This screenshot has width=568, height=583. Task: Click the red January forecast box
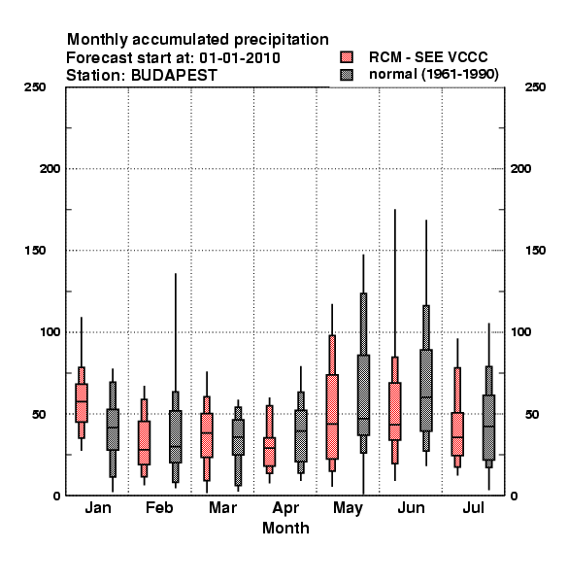click(82, 402)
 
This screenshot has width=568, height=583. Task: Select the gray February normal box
click(176, 436)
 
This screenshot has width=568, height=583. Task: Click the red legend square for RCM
click(347, 57)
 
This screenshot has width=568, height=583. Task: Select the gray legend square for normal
click(347, 75)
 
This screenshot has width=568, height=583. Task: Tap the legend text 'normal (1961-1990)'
click(433, 74)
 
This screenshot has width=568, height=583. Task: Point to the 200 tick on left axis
click(50, 169)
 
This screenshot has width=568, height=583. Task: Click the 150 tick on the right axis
click(535, 251)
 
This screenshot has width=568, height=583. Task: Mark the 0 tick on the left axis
click(56, 496)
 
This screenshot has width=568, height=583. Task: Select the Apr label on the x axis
click(285, 508)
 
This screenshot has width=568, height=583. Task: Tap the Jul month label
click(473, 507)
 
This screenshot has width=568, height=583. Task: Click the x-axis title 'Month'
click(285, 528)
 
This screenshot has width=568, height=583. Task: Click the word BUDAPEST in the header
click(174, 76)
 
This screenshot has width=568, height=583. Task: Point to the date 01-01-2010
click(240, 58)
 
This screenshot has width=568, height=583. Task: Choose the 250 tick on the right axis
click(535, 87)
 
